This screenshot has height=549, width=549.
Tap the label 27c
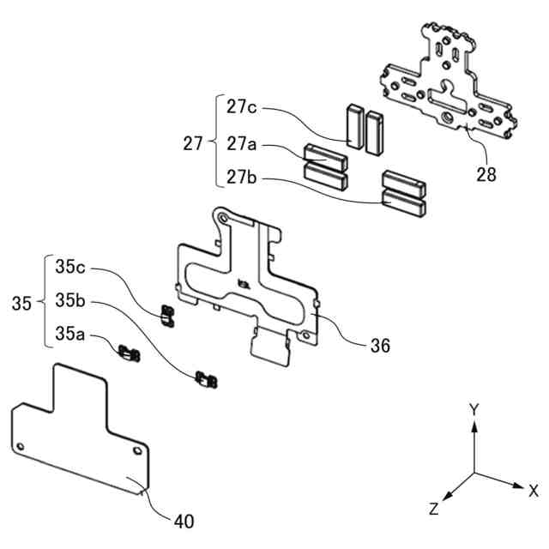click(243, 107)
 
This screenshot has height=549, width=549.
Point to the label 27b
click(243, 178)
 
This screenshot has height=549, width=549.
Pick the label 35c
click(71, 267)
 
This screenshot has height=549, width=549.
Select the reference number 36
click(379, 346)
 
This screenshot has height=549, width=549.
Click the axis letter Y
click(473, 409)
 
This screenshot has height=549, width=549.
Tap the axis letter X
click(533, 491)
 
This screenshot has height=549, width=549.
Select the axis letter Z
click(434, 510)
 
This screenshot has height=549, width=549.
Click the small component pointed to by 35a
click(130, 351)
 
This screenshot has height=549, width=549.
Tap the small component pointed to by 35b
click(206, 379)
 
